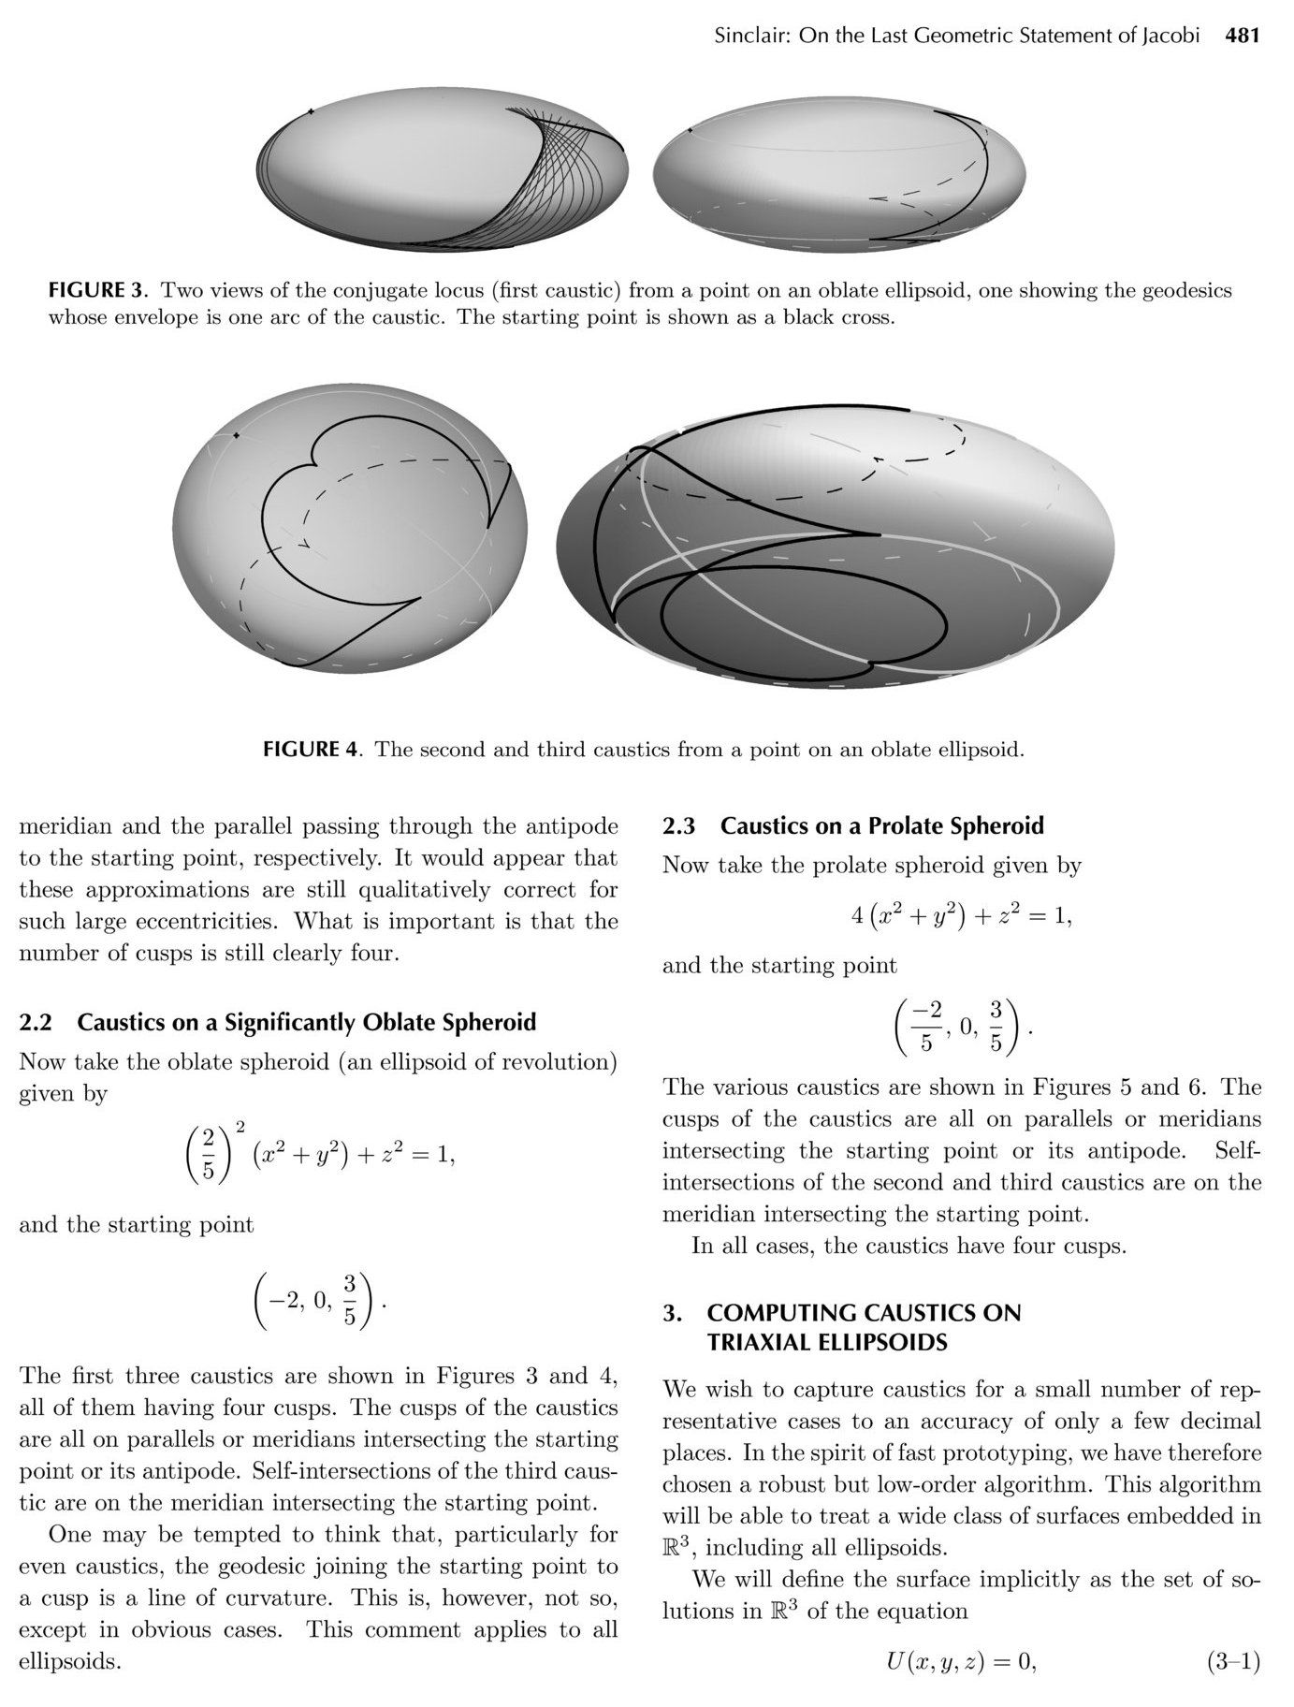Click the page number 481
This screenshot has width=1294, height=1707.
click(1243, 36)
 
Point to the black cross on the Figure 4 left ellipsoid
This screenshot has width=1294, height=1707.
click(237, 435)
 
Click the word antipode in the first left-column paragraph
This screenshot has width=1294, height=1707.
click(572, 826)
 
